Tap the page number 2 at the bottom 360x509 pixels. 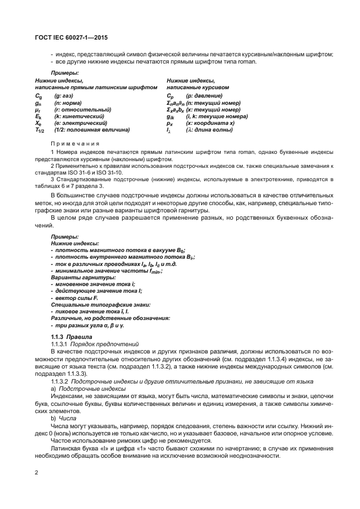(36, 473)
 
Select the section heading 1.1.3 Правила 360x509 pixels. (70, 338)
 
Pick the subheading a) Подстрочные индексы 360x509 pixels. (88, 389)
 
